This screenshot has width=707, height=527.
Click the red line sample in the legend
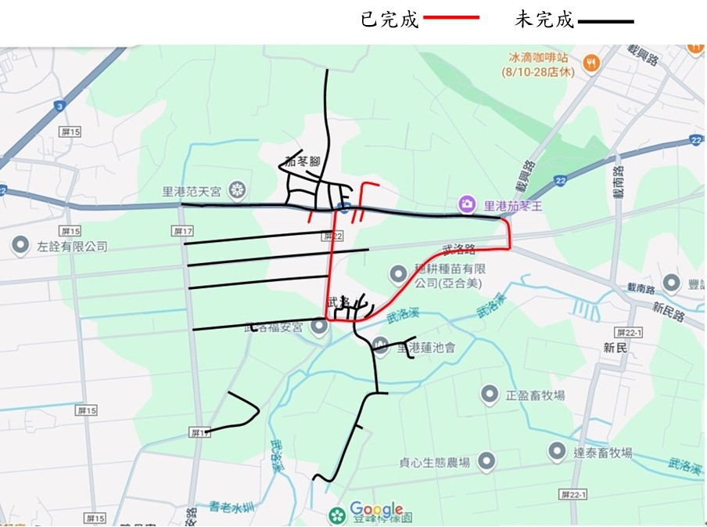point(450,16)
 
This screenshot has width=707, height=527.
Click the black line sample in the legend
point(605,21)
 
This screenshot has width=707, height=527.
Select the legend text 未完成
point(544,20)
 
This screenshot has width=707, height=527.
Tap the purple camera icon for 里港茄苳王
point(467,204)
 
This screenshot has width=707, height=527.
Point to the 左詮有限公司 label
point(70,246)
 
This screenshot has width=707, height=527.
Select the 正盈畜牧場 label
point(534,395)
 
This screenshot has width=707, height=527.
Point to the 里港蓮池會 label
point(425,346)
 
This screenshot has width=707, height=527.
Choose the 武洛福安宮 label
point(274,327)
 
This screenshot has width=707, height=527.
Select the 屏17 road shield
point(182,231)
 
